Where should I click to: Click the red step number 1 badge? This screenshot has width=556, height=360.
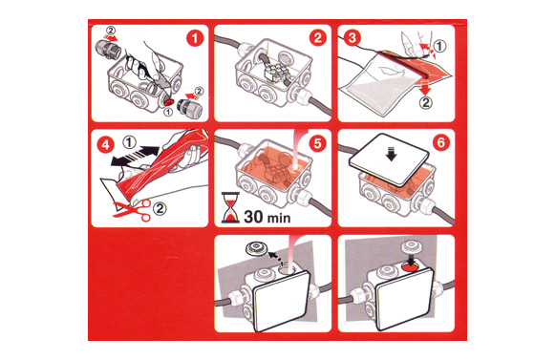[x=195, y=38]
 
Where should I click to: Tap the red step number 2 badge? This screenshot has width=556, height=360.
[x=318, y=38]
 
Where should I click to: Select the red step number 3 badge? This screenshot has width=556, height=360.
[x=353, y=38]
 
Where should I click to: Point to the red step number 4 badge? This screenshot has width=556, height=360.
[x=106, y=145]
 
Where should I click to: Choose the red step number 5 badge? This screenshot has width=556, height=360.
[x=317, y=143]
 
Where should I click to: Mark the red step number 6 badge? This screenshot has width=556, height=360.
[x=441, y=143]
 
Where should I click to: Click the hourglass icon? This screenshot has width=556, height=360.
[x=230, y=207]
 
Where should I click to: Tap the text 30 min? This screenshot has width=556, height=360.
[x=267, y=217]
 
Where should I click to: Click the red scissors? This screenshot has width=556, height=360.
[x=132, y=209]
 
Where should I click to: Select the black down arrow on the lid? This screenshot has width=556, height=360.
[x=392, y=154]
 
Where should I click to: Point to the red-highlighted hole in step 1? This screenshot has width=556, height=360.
[x=168, y=102]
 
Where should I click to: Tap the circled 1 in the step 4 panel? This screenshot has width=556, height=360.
[x=129, y=142]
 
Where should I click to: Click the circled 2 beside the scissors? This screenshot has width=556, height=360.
[x=160, y=208]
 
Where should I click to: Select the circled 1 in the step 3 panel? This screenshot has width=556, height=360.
[x=439, y=46]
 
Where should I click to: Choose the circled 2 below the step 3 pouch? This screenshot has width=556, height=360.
[x=425, y=102]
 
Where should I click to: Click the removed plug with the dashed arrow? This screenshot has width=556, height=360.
[x=256, y=247]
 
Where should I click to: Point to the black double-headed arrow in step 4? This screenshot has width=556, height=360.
[x=135, y=156]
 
